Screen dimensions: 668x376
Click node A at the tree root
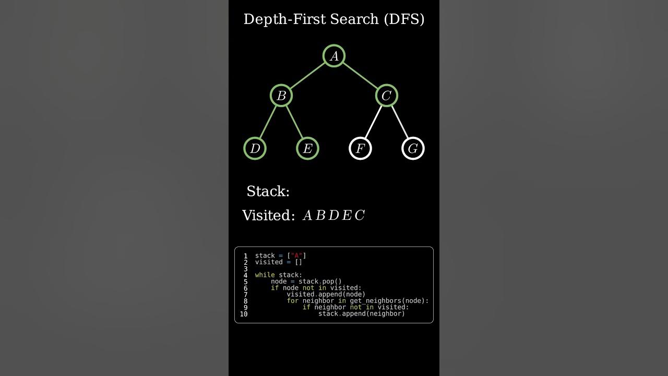click(334, 56)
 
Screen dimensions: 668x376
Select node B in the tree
click(281, 96)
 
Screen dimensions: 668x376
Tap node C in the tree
click(386, 96)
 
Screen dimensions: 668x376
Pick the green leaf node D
click(255, 148)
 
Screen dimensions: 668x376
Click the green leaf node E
click(307, 148)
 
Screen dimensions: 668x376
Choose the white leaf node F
click(360, 148)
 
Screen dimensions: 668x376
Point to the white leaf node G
click(413, 148)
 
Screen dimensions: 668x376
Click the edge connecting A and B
click(307, 76)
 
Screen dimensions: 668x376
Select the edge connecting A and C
click(360, 76)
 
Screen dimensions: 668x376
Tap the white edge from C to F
click(373, 122)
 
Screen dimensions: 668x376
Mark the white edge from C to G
click(400, 122)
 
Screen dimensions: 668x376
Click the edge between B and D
click(268, 122)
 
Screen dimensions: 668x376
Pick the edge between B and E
click(294, 122)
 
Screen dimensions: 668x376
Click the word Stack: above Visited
click(268, 192)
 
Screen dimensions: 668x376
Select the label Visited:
click(268, 216)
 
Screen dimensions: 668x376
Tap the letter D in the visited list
click(333, 216)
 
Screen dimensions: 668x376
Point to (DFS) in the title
click(404, 19)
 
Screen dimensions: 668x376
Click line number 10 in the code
click(244, 314)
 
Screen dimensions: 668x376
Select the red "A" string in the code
click(297, 255)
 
